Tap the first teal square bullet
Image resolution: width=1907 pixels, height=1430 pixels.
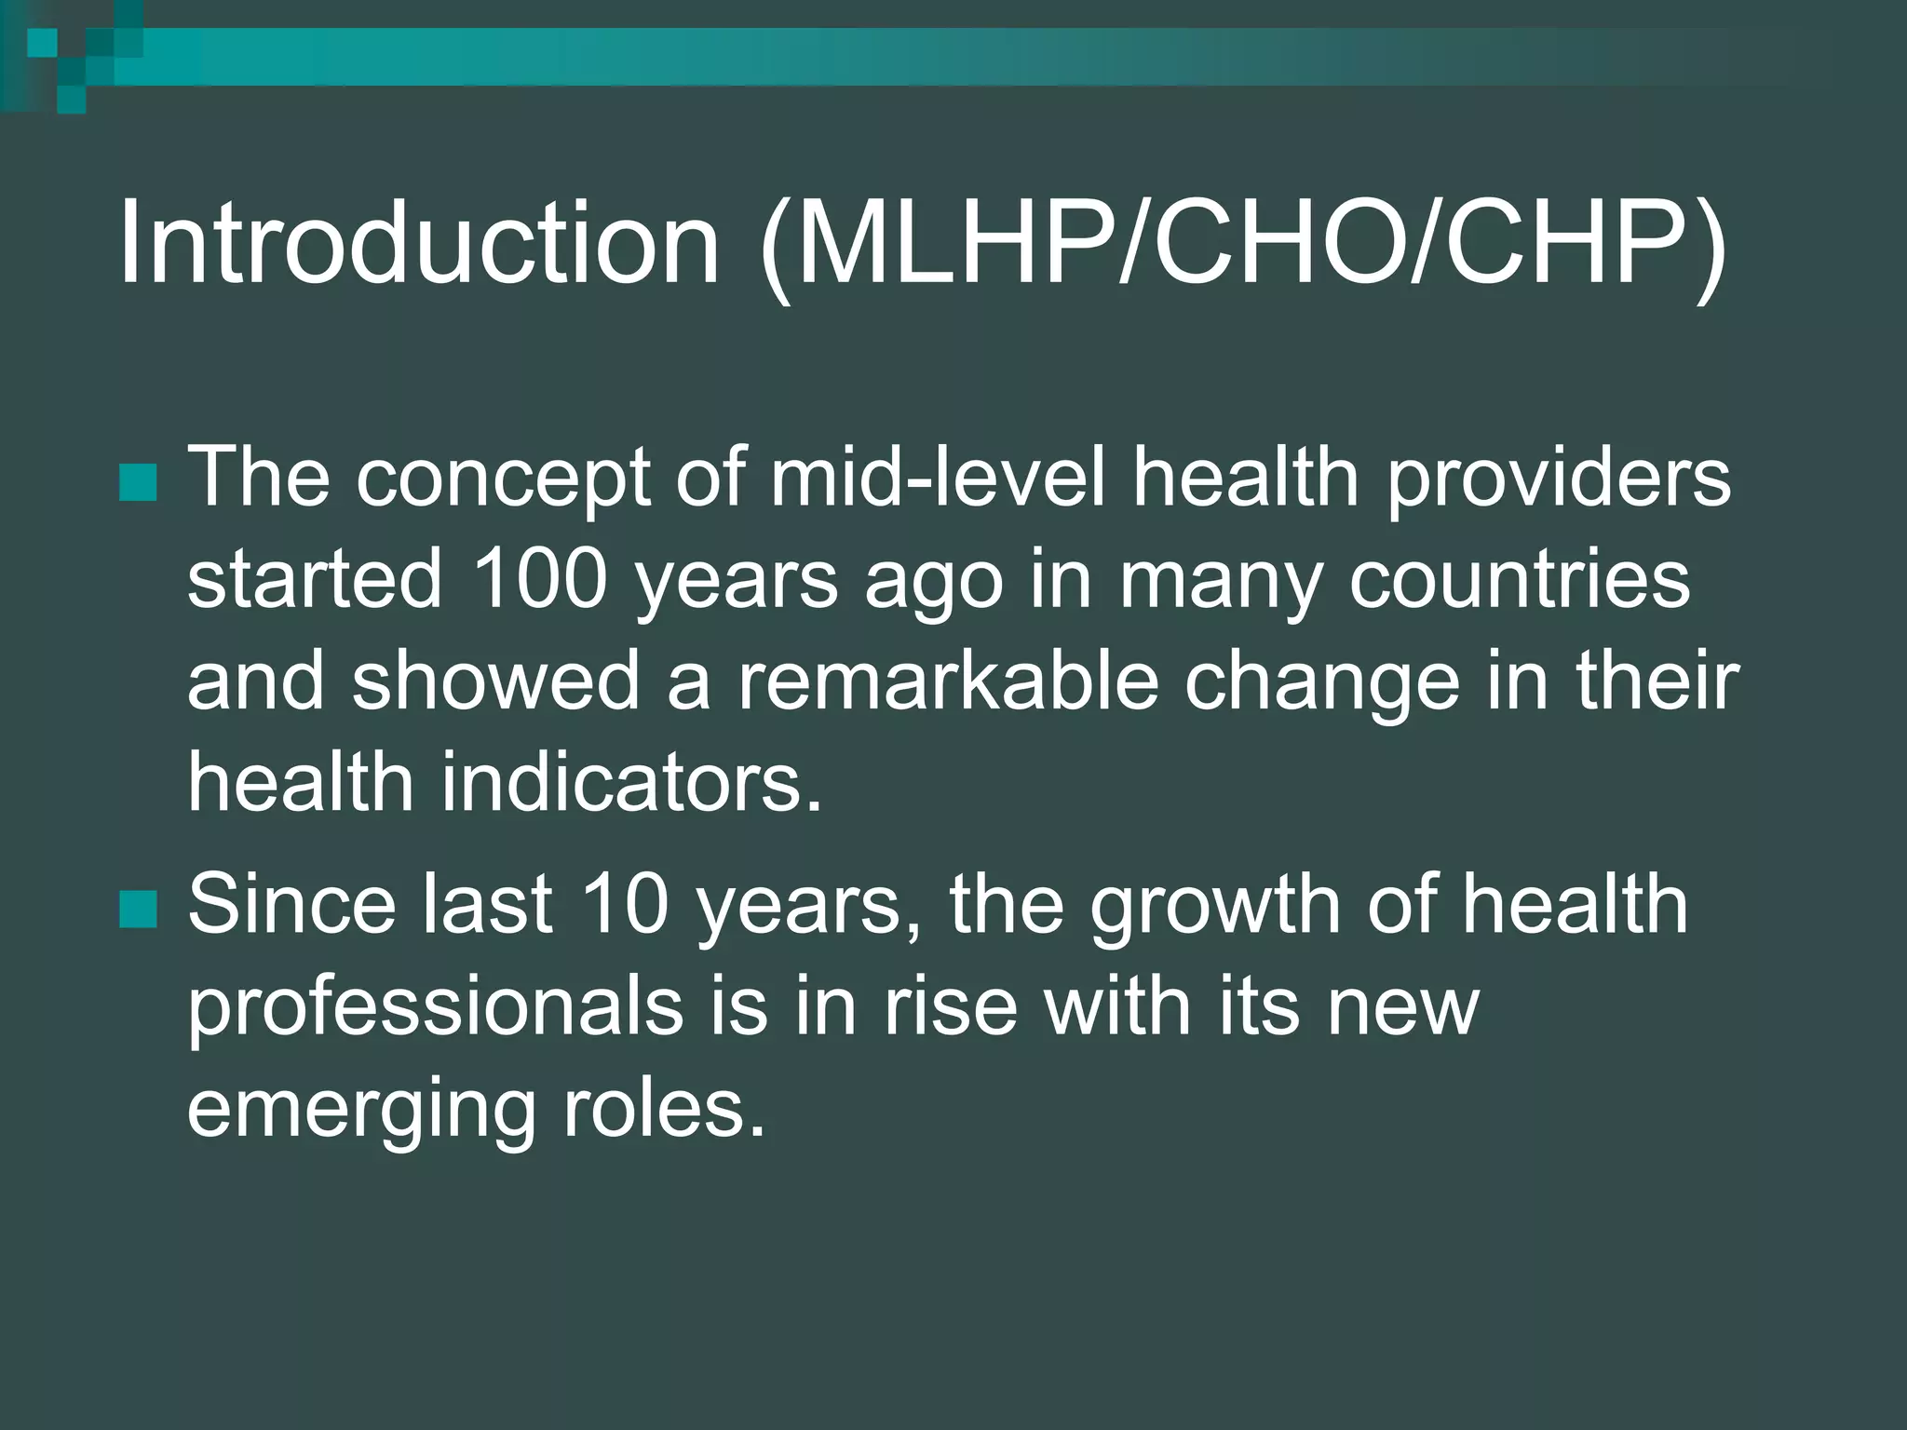point(138,481)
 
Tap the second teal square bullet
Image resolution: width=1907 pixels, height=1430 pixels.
point(138,910)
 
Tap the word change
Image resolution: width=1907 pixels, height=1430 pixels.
point(1322,682)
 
